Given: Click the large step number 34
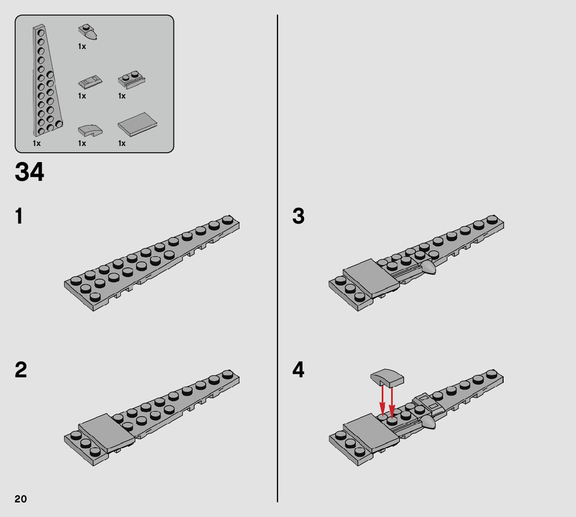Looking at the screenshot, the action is pyautogui.click(x=29, y=171).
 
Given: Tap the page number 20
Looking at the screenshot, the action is pyautogui.click(x=21, y=499).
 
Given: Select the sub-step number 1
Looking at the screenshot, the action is pyautogui.click(x=19, y=216).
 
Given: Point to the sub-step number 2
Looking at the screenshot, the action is pyautogui.click(x=21, y=370).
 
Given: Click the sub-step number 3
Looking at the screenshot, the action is pyautogui.click(x=298, y=216).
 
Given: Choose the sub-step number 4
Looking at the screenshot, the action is pyautogui.click(x=298, y=370).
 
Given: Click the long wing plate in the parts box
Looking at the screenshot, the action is pyautogui.click(x=47, y=81).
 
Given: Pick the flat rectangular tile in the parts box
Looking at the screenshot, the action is pyautogui.click(x=137, y=124).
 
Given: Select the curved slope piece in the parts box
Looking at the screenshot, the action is pyautogui.click(x=90, y=130).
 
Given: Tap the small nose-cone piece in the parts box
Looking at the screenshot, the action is pyautogui.click(x=88, y=32).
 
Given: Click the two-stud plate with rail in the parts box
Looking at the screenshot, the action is pyautogui.click(x=131, y=80).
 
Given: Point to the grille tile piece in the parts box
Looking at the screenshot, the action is pyautogui.click(x=90, y=82).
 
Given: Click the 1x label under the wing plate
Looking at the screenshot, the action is pyautogui.click(x=37, y=143).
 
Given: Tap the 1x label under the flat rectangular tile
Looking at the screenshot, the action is pyautogui.click(x=122, y=143).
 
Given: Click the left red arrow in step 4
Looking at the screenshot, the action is pyautogui.click(x=382, y=400).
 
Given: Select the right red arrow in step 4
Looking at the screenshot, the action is pyautogui.click(x=392, y=402).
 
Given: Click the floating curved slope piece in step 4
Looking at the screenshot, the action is pyautogui.click(x=387, y=378).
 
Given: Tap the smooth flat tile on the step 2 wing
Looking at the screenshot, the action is pyautogui.click(x=107, y=433).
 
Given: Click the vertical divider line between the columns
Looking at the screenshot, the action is pyautogui.click(x=278, y=258).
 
